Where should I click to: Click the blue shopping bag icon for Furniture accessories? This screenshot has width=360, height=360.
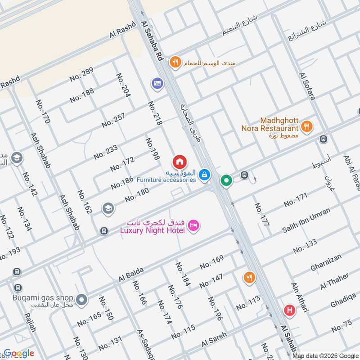click(x=205, y=175)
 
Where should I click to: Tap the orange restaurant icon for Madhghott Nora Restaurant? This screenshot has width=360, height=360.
click(x=307, y=126)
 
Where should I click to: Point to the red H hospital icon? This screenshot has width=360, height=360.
click(x=289, y=310)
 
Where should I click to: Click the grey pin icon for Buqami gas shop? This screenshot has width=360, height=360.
click(x=81, y=299)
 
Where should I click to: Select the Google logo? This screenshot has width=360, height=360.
click(x=19, y=353)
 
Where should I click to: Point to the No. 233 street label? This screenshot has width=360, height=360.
click(x=106, y=152)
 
